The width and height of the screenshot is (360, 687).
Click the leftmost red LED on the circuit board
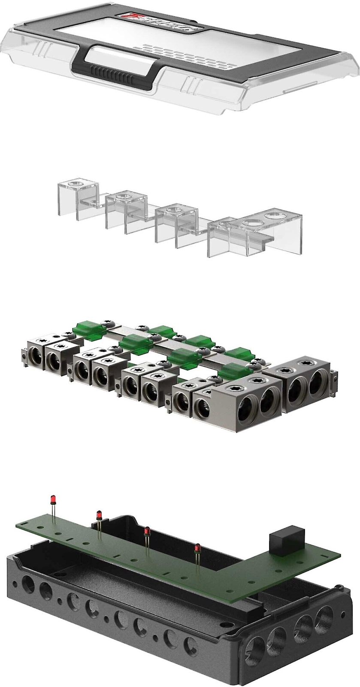[53, 499]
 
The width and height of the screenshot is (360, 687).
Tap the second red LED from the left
[99, 514]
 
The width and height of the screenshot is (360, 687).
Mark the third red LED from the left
[147, 531]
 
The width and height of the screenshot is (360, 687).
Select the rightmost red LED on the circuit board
[197, 548]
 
